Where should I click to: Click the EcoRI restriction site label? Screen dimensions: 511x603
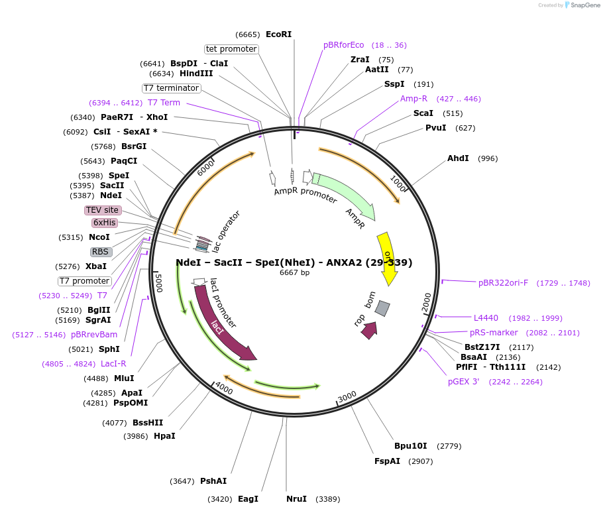tap(278, 34)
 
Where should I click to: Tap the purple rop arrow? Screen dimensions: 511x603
tap(369, 330)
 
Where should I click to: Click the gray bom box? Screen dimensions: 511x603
tap(382, 308)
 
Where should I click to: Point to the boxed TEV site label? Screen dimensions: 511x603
tap(103, 210)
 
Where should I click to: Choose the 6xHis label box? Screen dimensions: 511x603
tap(104, 223)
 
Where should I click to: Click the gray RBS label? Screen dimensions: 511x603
tap(101, 252)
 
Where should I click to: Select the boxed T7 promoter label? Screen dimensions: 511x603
tap(85, 281)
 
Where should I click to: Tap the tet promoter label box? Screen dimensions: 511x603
tap(231, 49)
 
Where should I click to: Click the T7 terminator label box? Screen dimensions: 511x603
tap(171, 88)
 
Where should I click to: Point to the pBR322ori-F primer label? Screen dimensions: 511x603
tap(504, 283)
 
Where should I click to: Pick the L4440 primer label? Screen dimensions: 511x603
tap(486, 318)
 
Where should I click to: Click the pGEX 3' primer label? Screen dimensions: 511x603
tap(464, 382)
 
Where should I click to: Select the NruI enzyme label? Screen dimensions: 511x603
tap(297, 499)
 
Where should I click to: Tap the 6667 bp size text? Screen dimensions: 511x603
tap(294, 272)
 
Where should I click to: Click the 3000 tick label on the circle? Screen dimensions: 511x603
tap(347, 396)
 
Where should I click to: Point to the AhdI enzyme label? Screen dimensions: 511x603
tap(458, 158)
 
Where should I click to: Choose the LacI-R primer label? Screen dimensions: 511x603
tap(113, 364)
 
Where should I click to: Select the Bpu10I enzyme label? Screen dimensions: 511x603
tap(411, 446)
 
